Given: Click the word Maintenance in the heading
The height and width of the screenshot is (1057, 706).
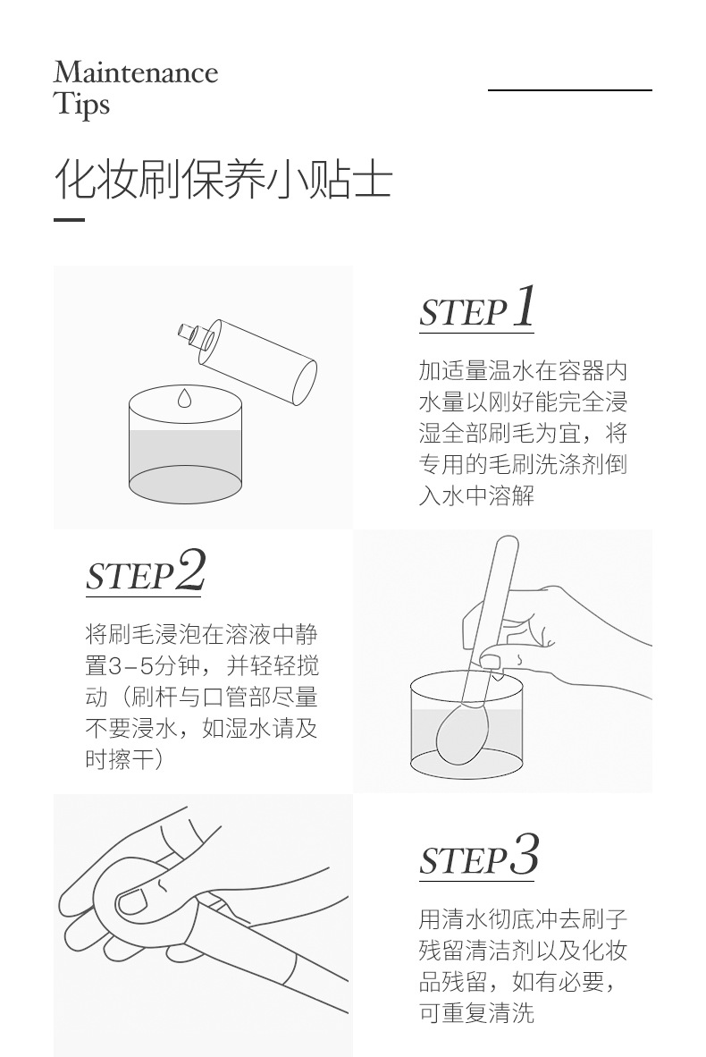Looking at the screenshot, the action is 136,72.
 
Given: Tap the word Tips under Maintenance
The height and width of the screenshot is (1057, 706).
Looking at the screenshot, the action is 81,105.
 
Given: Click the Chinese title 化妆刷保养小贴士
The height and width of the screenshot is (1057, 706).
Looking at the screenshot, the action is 223,180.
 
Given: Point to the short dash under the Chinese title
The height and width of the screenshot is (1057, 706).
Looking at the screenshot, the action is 70,220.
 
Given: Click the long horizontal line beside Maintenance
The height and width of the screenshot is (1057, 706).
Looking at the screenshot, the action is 570,89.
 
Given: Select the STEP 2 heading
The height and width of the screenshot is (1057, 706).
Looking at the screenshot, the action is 145,571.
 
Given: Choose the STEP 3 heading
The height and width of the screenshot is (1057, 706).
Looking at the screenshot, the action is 479,856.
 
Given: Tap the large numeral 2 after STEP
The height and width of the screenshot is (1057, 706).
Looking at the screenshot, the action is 190,570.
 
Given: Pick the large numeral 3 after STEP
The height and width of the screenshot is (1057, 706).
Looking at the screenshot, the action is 525,854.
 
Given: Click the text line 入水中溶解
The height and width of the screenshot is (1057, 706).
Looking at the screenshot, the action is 476,496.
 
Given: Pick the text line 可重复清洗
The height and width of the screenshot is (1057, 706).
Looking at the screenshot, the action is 476,1012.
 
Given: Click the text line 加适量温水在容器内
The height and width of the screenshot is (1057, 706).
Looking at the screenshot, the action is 523,371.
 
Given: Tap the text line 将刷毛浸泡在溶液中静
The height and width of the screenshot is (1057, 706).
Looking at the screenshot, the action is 201,634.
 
